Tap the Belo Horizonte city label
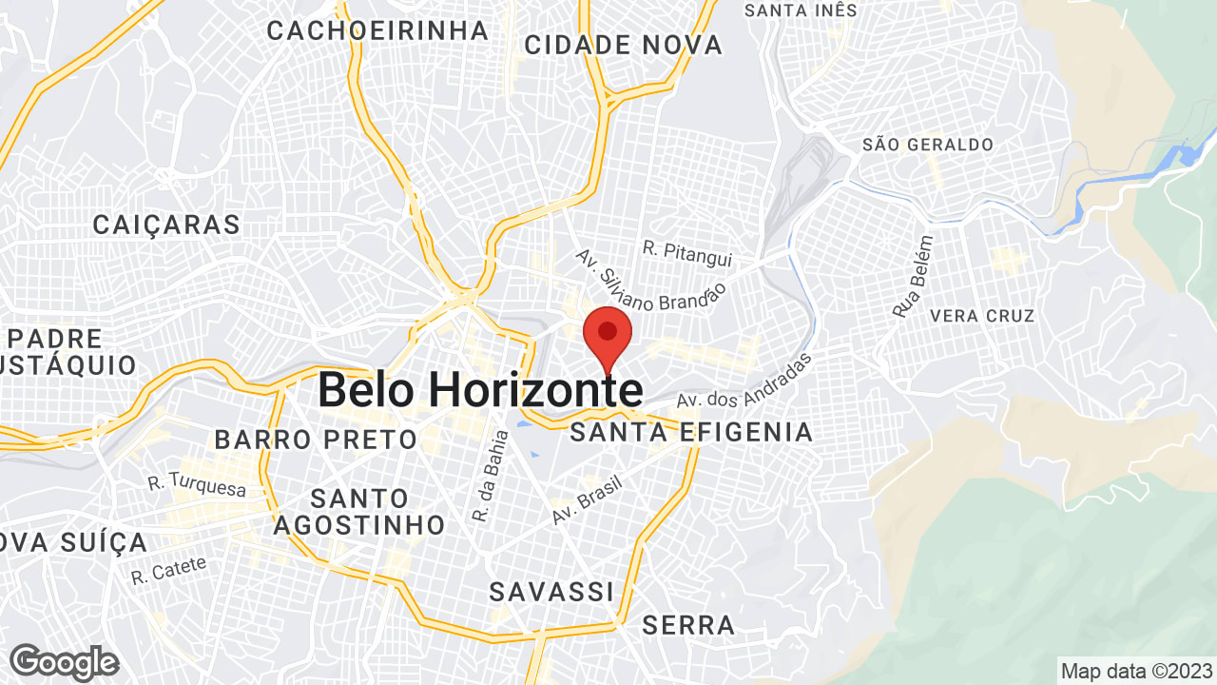479,390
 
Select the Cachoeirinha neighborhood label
377,30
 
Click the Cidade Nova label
623,45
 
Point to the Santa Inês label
801,10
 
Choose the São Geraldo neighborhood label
927,145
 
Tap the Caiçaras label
166,225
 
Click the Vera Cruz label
982,315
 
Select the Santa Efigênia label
691,433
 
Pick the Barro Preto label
316,440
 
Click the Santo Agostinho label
359,511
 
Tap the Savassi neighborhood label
551,592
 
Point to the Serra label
688,625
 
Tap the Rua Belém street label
914,276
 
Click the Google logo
64,662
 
